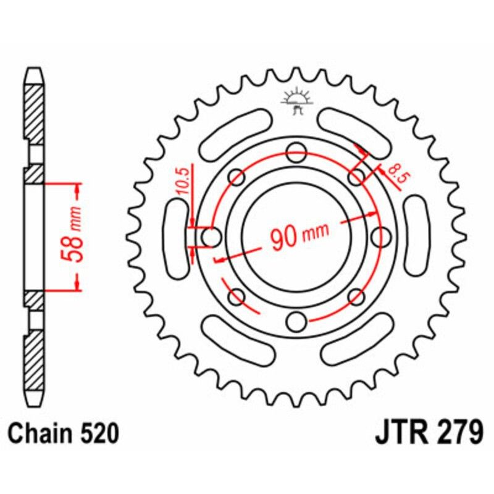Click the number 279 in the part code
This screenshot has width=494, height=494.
click(x=455, y=433)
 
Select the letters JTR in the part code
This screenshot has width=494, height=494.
click(x=398, y=433)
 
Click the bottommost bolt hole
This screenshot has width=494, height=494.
click(x=296, y=320)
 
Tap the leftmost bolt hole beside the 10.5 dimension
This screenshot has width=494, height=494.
click(x=212, y=236)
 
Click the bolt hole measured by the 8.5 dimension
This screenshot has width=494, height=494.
click(x=356, y=177)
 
